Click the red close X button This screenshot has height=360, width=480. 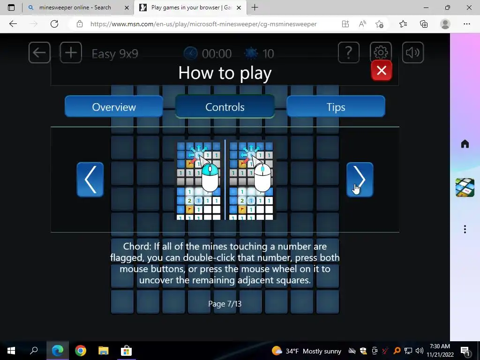(x=382, y=70)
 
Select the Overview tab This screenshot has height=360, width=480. (x=114, y=106)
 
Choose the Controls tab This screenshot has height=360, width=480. (x=225, y=106)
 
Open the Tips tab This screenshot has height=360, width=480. (x=336, y=106)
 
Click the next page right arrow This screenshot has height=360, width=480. (x=360, y=180)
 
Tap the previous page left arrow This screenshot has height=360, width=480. (x=90, y=180)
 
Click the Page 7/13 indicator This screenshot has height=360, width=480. (x=225, y=304)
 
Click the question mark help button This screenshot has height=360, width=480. (x=349, y=52)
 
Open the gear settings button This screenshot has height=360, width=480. (x=381, y=52)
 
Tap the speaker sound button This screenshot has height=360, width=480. (x=412, y=52)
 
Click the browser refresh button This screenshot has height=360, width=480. (x=54, y=24)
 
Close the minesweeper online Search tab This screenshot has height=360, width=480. (x=127, y=7)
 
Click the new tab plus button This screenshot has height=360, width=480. (x=255, y=7)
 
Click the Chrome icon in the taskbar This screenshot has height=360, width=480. (x=81, y=351)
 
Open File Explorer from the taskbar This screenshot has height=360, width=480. (x=104, y=351)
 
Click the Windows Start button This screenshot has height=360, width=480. (x=11, y=351)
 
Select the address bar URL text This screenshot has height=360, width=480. (x=203, y=24)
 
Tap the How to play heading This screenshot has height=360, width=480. (x=225, y=73)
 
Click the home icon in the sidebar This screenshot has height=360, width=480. (x=465, y=143)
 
